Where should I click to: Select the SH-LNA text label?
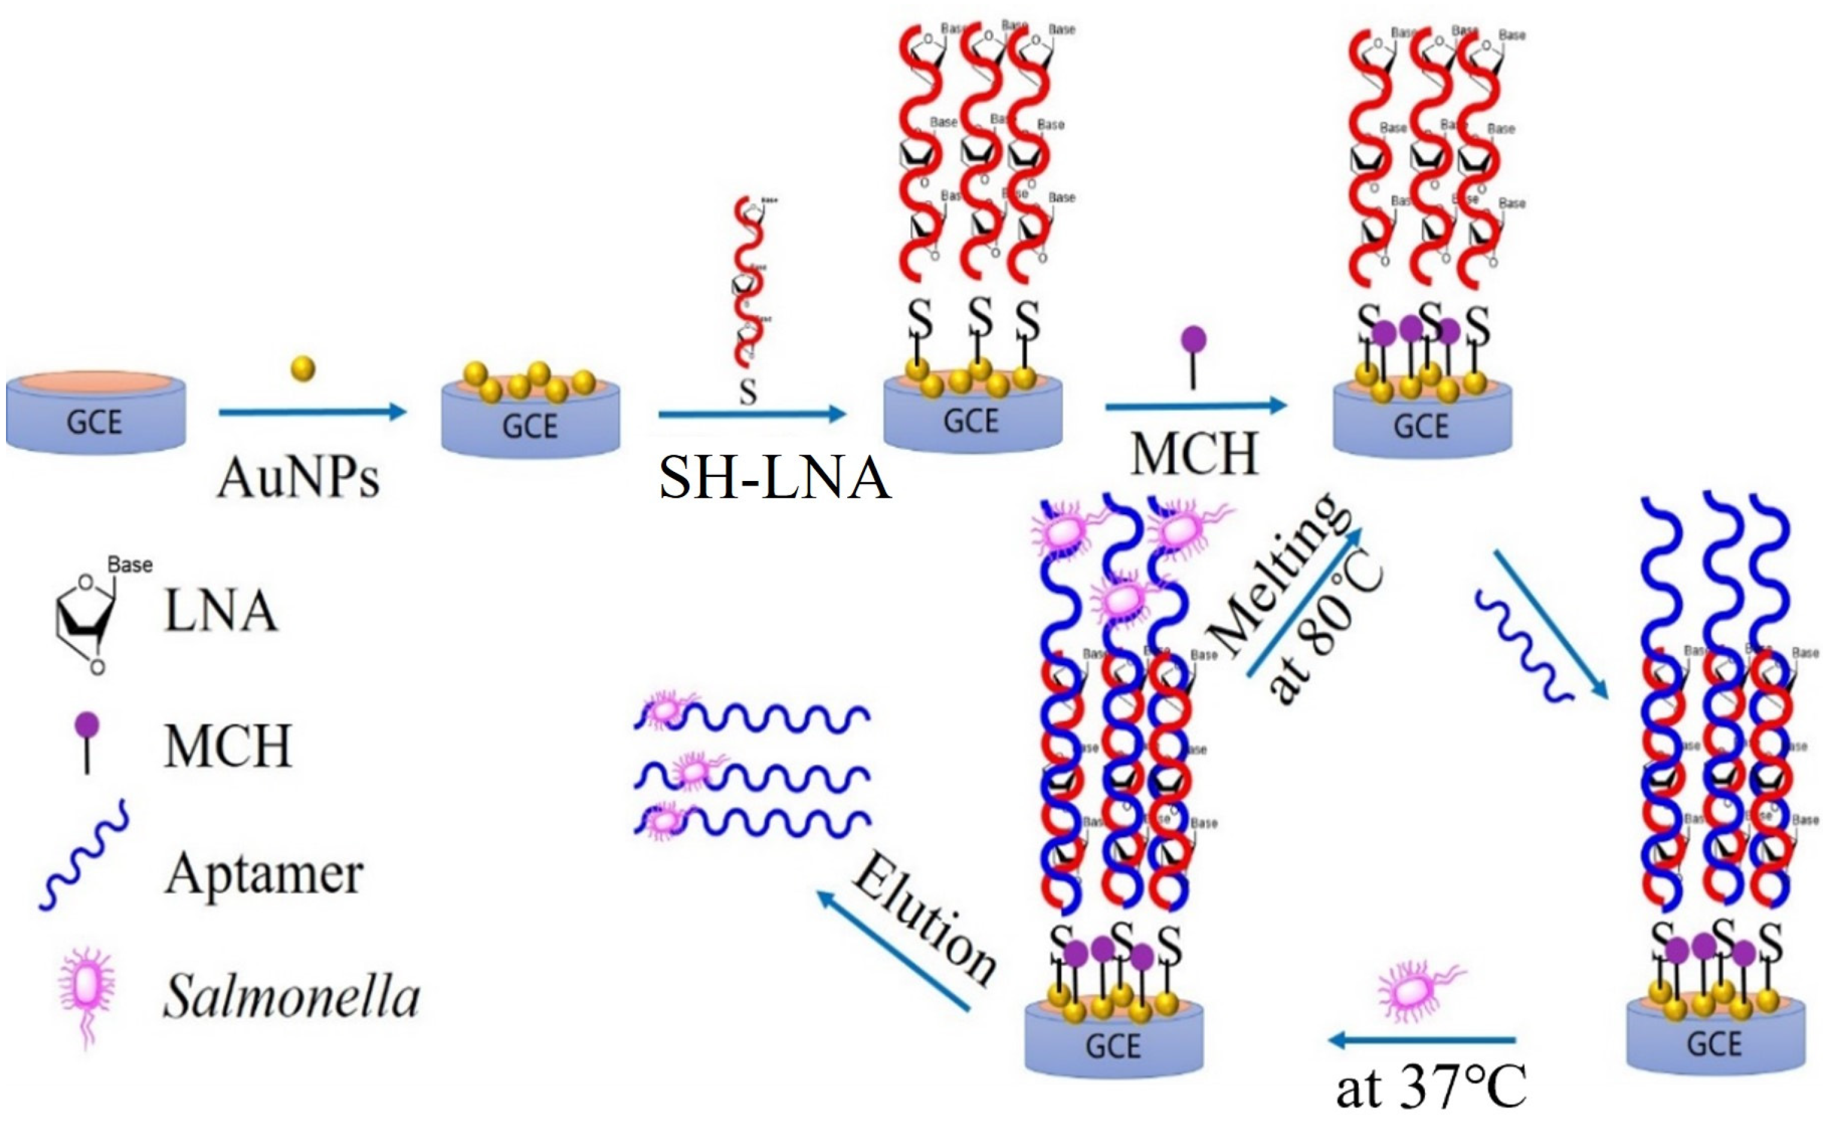[x=774, y=477]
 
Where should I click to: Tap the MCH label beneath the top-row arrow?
[x=1195, y=453]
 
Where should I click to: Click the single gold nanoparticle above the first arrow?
[x=302, y=369]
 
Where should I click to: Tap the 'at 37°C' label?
[x=1430, y=1088]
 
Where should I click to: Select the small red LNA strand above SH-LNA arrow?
[x=749, y=283]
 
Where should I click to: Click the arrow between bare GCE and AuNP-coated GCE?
[x=312, y=412]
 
